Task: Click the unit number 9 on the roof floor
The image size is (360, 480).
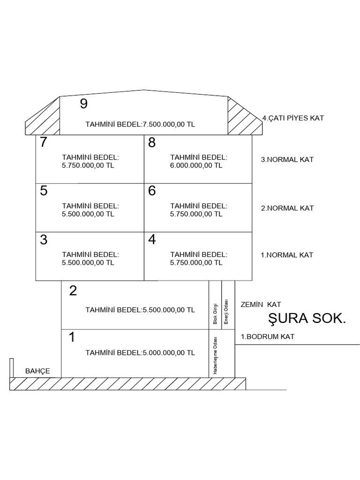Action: [x=83, y=104]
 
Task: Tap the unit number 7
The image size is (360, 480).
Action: [x=44, y=142]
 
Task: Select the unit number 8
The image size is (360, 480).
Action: [x=152, y=142]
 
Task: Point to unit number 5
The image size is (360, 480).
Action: [x=44, y=191]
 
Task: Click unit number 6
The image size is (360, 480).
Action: [x=152, y=191]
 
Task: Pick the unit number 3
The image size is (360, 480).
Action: [x=44, y=240]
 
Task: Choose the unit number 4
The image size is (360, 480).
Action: [x=152, y=240]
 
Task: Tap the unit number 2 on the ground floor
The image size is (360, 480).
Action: [x=73, y=291]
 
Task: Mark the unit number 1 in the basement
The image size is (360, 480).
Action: [x=72, y=337]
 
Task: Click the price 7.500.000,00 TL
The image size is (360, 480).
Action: [x=169, y=124]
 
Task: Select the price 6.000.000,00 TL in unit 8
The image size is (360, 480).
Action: [x=196, y=165]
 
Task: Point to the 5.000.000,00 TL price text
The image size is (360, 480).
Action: [x=169, y=352]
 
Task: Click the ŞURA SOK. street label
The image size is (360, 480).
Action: [x=307, y=318]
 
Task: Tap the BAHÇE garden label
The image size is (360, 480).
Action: [x=37, y=371]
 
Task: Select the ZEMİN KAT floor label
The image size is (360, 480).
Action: [x=261, y=305]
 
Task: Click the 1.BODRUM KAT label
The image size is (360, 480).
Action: [x=268, y=337]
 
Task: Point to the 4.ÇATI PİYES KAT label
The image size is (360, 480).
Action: [x=293, y=118]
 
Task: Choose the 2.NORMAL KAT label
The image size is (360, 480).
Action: [x=287, y=208]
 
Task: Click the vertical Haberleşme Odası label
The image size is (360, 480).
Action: [x=215, y=356]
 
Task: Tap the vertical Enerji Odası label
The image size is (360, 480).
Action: [x=226, y=311]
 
